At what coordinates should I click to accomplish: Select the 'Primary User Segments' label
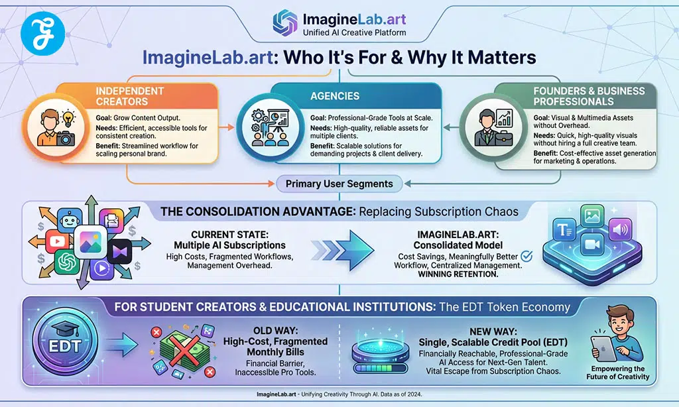pos(339,184)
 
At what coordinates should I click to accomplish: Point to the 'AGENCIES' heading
pos(336,97)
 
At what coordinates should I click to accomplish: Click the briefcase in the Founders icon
pos(507,138)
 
